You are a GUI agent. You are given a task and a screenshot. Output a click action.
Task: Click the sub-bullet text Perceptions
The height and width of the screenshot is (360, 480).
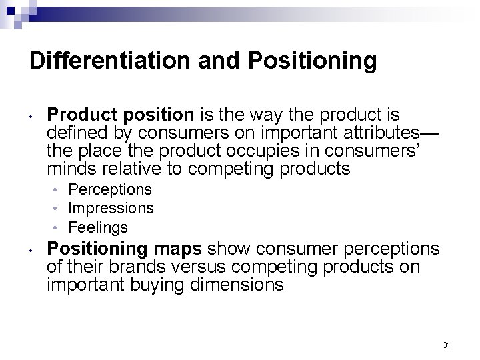coord(110,190)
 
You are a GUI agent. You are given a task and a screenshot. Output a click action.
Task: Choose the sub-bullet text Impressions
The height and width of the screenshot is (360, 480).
coord(111,209)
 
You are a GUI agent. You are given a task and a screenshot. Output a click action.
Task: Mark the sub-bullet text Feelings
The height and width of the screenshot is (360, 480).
coord(98,227)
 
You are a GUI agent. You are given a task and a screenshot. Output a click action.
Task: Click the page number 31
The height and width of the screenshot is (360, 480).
coord(447,345)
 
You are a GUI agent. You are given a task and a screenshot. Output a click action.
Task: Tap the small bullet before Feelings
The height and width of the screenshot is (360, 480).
coord(59,228)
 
